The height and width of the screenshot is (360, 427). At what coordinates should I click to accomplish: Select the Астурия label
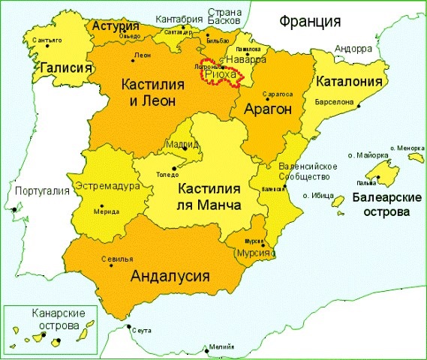click(x=113, y=25)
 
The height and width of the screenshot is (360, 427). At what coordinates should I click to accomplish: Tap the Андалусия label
click(x=169, y=274)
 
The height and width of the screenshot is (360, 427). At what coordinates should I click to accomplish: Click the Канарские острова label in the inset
click(x=59, y=319)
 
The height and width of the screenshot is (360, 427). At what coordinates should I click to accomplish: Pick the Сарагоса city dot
click(x=266, y=98)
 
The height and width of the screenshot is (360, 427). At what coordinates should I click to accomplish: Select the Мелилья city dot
click(x=206, y=349)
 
